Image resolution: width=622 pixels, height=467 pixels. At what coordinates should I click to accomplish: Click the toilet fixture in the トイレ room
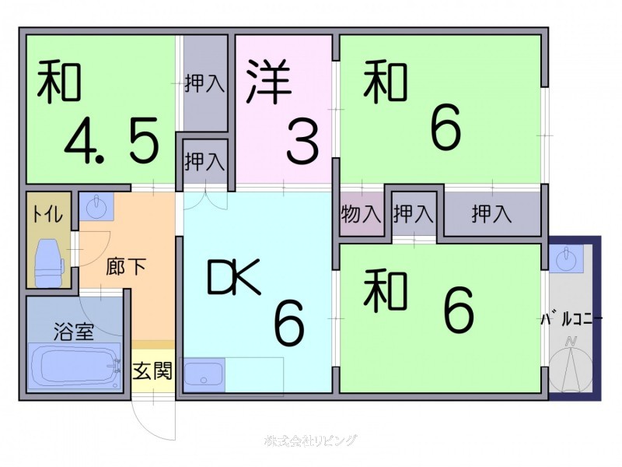49,263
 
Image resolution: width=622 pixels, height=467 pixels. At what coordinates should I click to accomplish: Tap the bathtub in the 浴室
74,366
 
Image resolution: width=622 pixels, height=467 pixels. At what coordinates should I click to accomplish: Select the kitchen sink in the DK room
204,375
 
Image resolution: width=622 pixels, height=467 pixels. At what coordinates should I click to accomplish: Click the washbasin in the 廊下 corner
96,206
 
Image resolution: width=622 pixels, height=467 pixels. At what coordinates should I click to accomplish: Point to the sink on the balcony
566,259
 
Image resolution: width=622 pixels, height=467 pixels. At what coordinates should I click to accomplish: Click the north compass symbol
571,365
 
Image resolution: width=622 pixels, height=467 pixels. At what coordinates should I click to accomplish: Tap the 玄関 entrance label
152,370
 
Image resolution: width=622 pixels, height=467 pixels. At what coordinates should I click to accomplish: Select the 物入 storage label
361,214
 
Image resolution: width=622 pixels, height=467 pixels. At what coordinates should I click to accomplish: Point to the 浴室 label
74,332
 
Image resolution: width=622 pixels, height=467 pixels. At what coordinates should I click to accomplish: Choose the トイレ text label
47,215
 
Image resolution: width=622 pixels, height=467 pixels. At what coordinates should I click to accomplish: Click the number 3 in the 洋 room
302,142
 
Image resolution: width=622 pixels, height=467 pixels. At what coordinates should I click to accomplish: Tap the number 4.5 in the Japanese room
111,141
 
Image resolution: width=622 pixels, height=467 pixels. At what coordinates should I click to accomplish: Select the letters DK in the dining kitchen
234,276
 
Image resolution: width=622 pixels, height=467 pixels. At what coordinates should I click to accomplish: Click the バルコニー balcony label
572,319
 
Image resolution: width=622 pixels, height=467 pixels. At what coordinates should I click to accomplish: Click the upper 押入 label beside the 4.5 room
204,83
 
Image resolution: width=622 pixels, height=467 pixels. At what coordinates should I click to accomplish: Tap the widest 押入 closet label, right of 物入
491,213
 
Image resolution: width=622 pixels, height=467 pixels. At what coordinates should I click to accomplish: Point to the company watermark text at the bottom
310,441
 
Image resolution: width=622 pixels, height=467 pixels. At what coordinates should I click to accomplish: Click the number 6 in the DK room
289,323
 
